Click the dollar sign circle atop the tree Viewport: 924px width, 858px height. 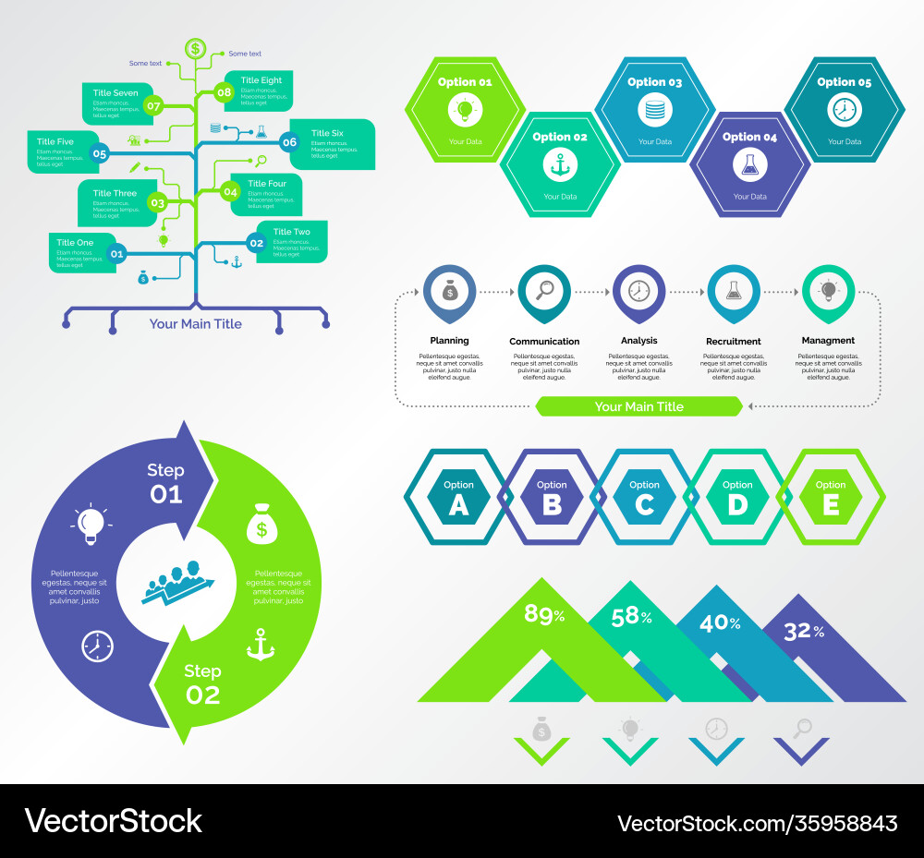(x=195, y=48)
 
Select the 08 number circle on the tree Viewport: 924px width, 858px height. (x=224, y=91)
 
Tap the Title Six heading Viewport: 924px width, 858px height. (x=327, y=133)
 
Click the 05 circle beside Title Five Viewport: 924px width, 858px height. (x=100, y=154)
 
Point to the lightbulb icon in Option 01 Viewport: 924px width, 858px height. (x=464, y=111)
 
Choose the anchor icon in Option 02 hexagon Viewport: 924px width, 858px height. (x=560, y=164)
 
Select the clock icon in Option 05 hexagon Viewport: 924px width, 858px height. (x=844, y=111)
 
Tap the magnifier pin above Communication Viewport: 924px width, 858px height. (x=544, y=290)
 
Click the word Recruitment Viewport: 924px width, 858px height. (x=733, y=341)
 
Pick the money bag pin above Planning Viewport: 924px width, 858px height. (x=449, y=290)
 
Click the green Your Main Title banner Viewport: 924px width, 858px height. (x=638, y=406)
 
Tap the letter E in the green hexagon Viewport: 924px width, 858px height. (x=830, y=504)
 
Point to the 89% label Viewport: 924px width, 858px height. (x=544, y=614)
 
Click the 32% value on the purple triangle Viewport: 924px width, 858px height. (x=803, y=632)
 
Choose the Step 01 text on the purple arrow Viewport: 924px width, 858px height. (x=166, y=482)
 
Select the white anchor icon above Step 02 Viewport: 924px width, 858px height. (x=261, y=644)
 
